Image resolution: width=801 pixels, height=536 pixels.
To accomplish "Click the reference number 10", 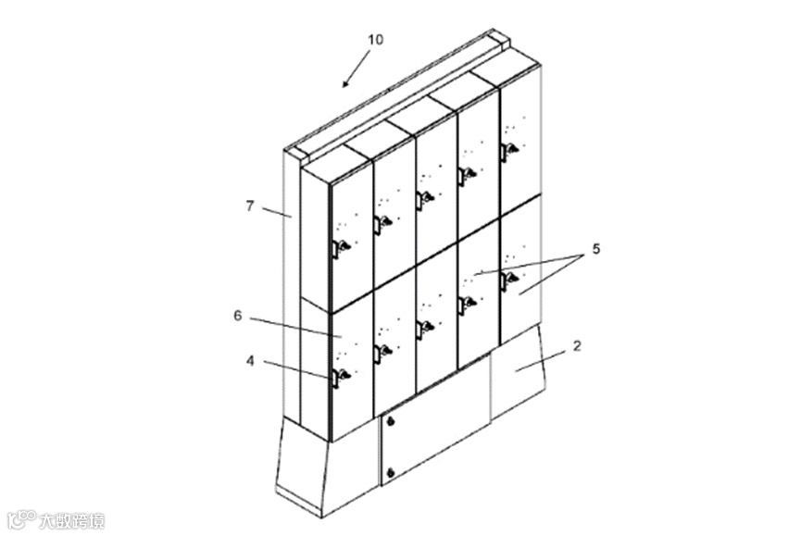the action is pos(375,40).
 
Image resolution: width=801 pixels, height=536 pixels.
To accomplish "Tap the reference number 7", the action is pos(250,206).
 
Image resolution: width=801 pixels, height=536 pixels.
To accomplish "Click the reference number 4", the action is pos(250,362).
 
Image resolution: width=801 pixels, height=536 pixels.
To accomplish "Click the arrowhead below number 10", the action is pos(345,83).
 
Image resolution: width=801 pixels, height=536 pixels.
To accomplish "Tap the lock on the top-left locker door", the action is pos(341,247).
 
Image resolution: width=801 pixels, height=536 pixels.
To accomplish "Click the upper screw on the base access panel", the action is pos(391,423).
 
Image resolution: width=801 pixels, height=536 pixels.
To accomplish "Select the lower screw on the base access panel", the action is pos(391,474).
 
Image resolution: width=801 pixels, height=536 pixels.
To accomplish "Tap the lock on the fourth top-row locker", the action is pos(467,173).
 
